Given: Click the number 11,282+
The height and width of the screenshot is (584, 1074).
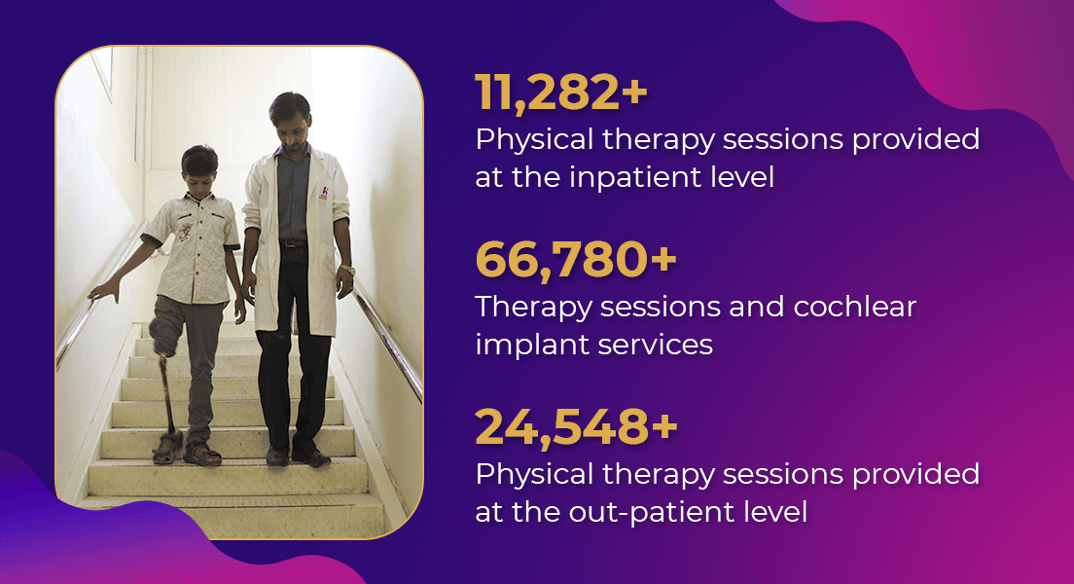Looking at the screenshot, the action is (561, 92).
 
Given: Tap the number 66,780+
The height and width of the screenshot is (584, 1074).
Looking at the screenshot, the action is (576, 260).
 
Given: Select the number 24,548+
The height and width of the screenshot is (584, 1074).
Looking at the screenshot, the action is (576, 427).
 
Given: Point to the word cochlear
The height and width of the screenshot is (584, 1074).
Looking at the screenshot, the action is (854, 307).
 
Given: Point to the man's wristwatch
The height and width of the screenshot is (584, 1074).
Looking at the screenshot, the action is (348, 271).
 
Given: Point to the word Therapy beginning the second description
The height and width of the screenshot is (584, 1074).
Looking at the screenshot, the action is (533, 308).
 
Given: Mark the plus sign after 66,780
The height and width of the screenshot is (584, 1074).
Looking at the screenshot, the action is (663, 261).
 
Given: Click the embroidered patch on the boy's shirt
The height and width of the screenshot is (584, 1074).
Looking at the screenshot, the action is (185, 231).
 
